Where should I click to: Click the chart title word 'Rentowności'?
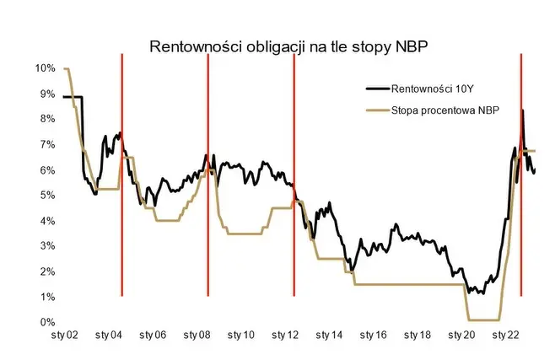point(191,46)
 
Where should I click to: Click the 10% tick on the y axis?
point(46,68)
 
